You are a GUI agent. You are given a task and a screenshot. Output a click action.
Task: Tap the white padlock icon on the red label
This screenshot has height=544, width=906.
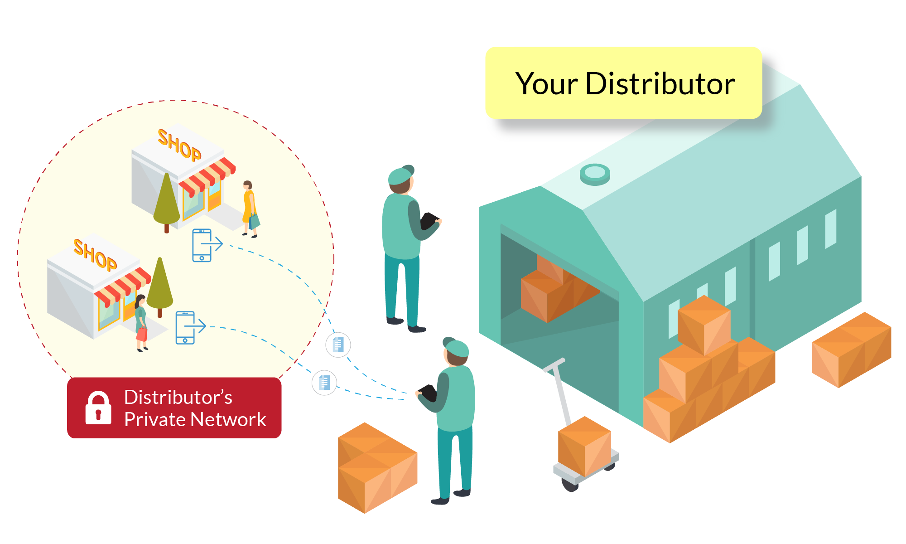tap(98, 408)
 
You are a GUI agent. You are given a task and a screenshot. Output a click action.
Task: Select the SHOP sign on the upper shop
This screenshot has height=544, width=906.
tap(179, 145)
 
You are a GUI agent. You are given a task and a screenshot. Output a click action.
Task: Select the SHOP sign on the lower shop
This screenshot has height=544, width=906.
tap(95, 255)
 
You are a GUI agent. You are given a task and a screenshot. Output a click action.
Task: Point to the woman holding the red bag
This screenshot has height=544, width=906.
tap(141, 322)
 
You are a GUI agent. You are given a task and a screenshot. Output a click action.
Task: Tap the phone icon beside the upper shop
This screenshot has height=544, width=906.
tap(202, 245)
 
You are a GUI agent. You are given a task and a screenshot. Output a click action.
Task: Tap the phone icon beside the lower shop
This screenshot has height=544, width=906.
tap(185, 327)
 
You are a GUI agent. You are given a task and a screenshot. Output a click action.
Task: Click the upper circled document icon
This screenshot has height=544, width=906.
tap(338, 345)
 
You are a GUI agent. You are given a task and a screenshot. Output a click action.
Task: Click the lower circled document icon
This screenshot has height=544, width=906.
tap(324, 383)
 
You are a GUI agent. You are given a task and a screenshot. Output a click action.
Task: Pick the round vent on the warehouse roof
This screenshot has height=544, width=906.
tap(595, 174)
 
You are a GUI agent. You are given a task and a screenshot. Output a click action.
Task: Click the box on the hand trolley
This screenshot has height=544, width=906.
tap(584, 446)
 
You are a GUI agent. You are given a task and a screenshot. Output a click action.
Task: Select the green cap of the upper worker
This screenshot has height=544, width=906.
tap(400, 175)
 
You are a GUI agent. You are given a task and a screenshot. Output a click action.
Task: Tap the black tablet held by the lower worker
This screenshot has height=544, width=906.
tap(428, 392)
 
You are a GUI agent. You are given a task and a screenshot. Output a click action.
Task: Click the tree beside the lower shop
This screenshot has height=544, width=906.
tap(160, 285)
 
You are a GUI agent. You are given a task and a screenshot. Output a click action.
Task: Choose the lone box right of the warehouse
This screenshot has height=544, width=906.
tap(851, 349)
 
